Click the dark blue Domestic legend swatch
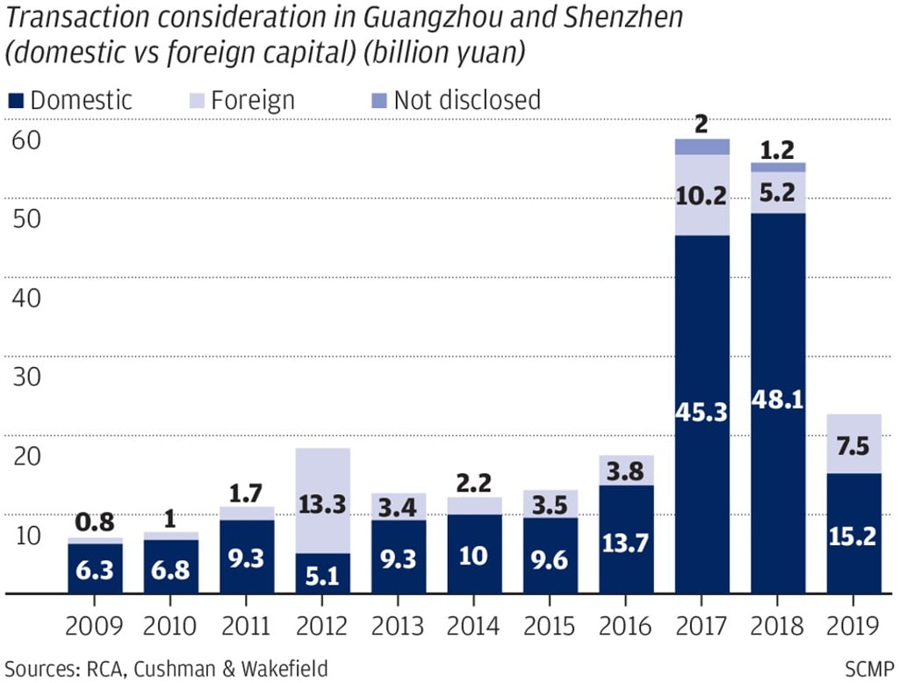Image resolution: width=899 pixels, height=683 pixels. [x=15, y=101]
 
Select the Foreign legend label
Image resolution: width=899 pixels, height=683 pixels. [x=253, y=100]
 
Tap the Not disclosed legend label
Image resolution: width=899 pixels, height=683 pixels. [x=466, y=100]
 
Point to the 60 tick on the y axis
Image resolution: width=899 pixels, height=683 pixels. [x=26, y=140]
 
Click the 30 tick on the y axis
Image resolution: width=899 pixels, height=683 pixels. [x=26, y=377]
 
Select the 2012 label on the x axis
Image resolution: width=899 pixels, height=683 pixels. [x=322, y=626]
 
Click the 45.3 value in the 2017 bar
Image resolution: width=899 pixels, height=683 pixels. [x=702, y=412]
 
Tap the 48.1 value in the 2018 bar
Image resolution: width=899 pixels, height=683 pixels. [x=778, y=400]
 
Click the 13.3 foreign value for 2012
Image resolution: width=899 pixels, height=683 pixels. [x=322, y=504]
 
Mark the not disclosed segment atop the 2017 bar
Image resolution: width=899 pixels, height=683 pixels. [x=702, y=147]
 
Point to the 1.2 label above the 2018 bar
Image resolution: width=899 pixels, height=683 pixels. [x=778, y=151]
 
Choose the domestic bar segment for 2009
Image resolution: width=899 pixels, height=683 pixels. [x=95, y=569]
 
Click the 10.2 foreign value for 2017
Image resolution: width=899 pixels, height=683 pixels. [x=702, y=197]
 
